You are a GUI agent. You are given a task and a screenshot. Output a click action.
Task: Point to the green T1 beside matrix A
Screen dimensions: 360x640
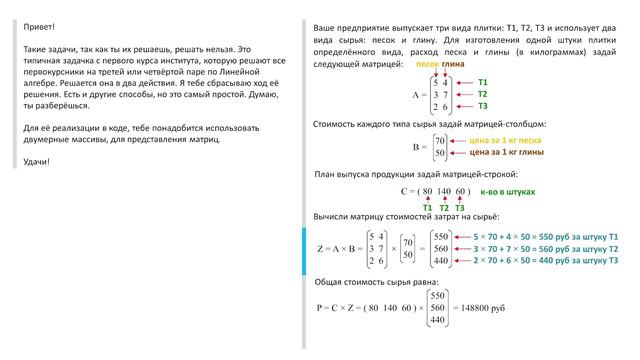point(483,81)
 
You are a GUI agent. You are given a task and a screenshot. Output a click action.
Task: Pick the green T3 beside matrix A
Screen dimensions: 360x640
point(483,106)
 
